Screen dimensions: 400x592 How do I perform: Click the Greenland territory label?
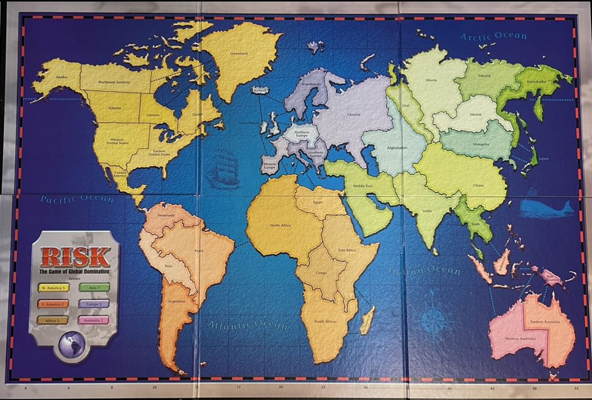(239, 53)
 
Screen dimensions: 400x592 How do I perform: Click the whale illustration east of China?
(546, 208)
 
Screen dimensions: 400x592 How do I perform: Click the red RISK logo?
(75, 256)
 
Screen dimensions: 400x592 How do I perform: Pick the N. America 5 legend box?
(53, 288)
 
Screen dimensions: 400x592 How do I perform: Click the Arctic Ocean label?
(494, 36)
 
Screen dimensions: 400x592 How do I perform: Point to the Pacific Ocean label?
(77, 199)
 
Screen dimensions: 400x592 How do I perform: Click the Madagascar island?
(368, 320)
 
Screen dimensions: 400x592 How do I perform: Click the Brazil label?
(199, 250)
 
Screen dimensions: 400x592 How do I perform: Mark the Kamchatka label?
(536, 82)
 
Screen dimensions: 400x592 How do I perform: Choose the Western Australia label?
(520, 337)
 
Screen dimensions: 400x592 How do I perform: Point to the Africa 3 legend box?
(53, 320)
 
